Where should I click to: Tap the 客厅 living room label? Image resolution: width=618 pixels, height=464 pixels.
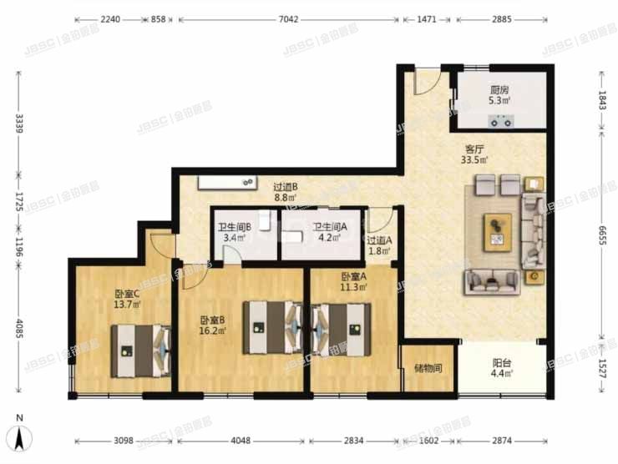[476, 151]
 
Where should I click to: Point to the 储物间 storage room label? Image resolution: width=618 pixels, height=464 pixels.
[428, 368]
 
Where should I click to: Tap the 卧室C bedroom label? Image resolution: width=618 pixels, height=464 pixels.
[128, 294]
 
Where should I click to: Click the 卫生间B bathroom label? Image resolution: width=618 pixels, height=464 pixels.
[231, 227]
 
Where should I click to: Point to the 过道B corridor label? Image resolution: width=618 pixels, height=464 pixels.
[286, 187]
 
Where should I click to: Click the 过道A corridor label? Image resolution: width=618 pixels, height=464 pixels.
[379, 240]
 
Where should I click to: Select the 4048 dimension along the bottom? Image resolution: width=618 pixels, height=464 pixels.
[241, 441]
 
